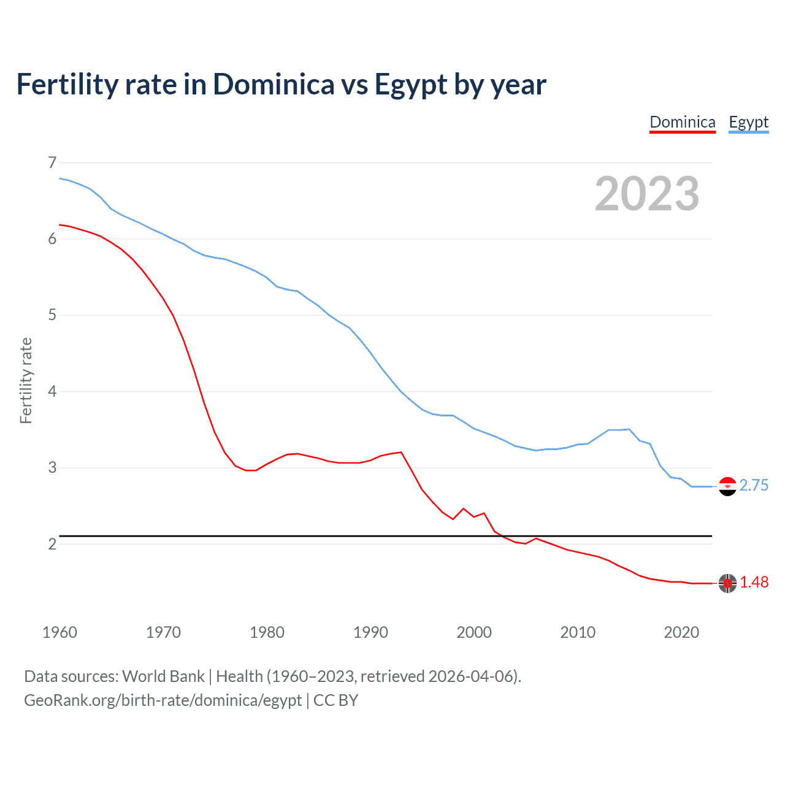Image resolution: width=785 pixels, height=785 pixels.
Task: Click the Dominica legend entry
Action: coord(682,122)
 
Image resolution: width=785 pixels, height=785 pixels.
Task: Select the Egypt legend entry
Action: coord(748,122)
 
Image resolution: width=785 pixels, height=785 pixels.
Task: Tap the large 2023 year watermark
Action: coord(646,194)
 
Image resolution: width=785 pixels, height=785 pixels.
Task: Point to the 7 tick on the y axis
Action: coord(52,163)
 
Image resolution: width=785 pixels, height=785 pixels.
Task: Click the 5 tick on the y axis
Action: coord(52,315)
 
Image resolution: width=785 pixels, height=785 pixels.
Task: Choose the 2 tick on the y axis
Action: coord(52,544)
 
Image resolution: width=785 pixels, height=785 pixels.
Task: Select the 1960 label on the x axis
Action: coord(59,632)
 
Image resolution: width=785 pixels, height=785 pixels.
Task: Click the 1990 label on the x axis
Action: coord(370,632)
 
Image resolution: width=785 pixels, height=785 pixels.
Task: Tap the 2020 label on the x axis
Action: coord(681,632)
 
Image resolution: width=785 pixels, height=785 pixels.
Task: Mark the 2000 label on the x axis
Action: coord(474,632)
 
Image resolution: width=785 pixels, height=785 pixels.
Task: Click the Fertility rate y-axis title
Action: coord(26,380)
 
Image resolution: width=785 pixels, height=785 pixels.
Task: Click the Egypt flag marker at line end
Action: coord(727,486)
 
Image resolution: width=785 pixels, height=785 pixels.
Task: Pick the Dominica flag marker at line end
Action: coord(727,583)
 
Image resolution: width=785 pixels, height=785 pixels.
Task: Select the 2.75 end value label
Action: coord(754,486)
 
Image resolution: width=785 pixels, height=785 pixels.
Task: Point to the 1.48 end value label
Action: coord(754,583)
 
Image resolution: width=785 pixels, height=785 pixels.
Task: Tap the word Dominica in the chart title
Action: coord(274,85)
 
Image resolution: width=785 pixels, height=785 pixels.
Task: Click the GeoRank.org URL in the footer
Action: coord(163,700)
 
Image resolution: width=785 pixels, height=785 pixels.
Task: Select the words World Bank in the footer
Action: coord(163,676)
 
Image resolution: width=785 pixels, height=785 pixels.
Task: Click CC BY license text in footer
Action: coord(335,700)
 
